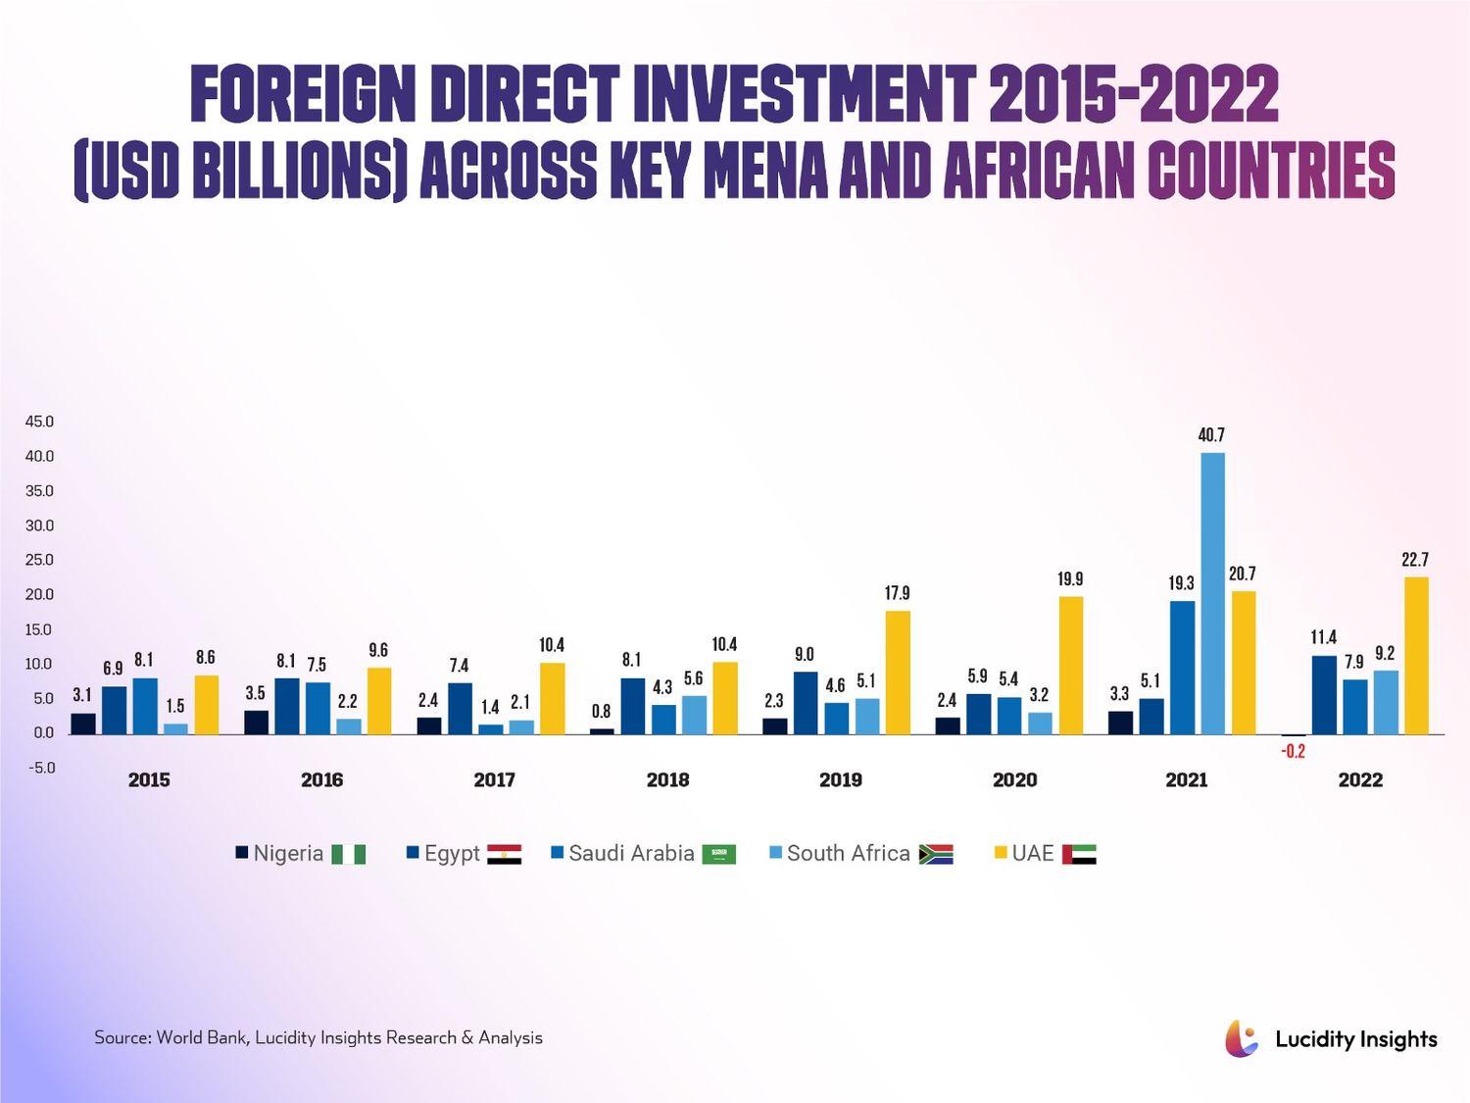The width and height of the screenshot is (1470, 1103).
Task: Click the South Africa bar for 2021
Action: click(x=1212, y=593)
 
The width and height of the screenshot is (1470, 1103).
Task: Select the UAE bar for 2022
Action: click(x=1416, y=655)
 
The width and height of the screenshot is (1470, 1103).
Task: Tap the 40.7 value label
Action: click(x=1211, y=434)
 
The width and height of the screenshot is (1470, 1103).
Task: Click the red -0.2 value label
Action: click(x=1293, y=752)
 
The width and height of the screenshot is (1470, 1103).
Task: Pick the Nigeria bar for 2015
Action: click(x=83, y=724)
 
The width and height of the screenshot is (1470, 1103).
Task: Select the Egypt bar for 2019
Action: click(x=806, y=702)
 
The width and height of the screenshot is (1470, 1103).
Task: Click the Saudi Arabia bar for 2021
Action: click(x=1182, y=667)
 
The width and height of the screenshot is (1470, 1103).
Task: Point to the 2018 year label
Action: click(x=667, y=780)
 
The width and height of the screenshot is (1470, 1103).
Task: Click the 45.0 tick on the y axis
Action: click(x=40, y=422)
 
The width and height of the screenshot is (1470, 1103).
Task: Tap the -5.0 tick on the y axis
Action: click(x=40, y=768)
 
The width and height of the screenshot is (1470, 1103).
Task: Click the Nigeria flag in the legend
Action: click(x=349, y=854)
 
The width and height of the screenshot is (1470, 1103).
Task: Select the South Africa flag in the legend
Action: click(x=936, y=854)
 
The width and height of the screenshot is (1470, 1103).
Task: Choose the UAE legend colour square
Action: click(x=1001, y=853)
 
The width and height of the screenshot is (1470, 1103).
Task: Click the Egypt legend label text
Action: click(x=452, y=854)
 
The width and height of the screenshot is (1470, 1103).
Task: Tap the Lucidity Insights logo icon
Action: click(x=1241, y=1039)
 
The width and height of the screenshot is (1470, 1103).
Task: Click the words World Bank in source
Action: click(x=201, y=1037)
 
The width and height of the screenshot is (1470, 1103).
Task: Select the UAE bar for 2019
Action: click(x=898, y=672)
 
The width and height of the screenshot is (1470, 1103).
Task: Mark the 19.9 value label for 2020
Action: click(x=1070, y=579)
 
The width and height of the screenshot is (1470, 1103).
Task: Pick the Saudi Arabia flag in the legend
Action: click(x=719, y=854)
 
